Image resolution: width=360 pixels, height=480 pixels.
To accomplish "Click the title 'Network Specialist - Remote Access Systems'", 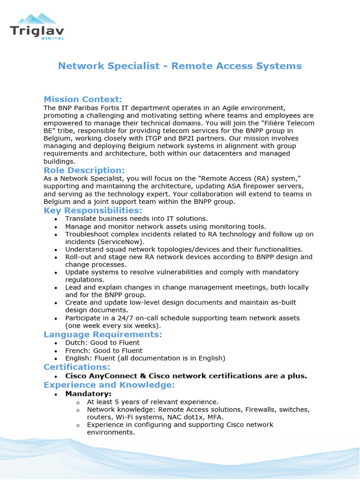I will click(x=180, y=66).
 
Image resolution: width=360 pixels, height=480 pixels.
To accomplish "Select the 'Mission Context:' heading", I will click(x=82, y=99).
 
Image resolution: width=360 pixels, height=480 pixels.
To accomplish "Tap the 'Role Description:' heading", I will click(x=84, y=170).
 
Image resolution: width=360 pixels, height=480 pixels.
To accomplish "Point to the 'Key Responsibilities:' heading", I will click(x=93, y=210).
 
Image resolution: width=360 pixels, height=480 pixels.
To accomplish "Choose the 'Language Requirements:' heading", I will click(x=103, y=334).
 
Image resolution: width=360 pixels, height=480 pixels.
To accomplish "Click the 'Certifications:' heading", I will click(x=77, y=367).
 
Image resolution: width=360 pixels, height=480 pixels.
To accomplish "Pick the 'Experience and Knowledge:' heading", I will click(x=109, y=385).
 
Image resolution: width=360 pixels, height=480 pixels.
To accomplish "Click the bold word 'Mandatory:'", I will click(x=88, y=394).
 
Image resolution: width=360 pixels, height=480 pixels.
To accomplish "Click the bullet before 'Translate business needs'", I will click(x=56, y=219).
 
